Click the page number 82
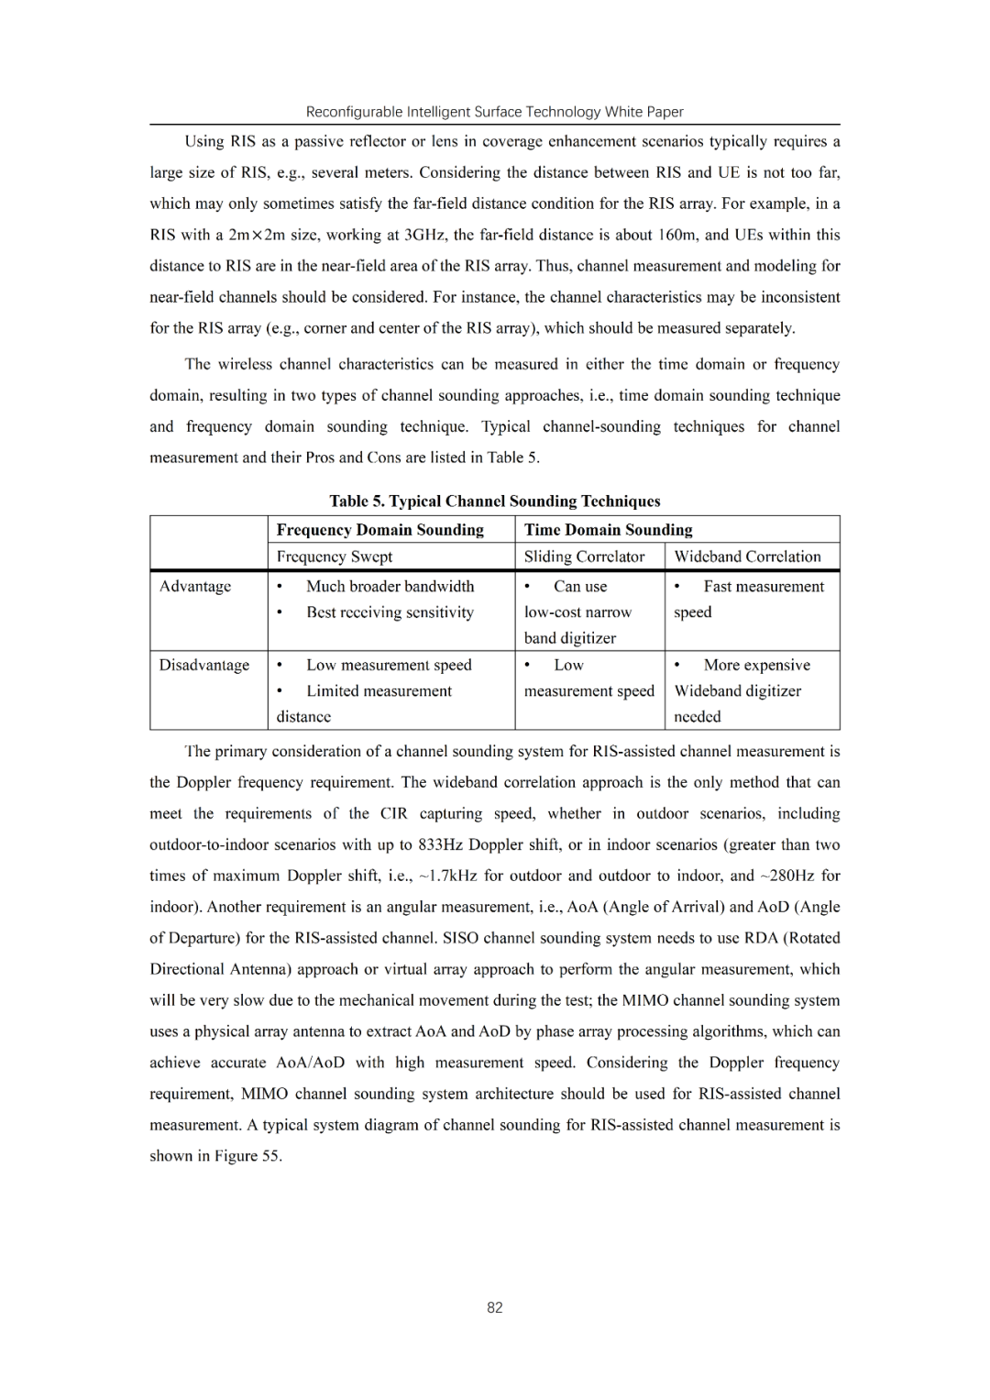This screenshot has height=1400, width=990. pos(495,1307)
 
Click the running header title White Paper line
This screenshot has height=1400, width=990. pos(495,112)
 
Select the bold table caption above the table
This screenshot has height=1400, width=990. pos(495,501)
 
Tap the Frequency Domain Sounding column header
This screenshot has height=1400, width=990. pos(380,530)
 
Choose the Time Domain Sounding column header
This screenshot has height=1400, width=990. pos(608,530)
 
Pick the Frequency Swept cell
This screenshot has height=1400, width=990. pos(335,557)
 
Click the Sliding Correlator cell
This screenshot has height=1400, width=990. pos(585,557)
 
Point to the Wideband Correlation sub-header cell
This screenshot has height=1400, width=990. pos(747,557)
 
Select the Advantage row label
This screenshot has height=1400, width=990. pos(195,586)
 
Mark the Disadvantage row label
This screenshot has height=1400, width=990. pos(204,665)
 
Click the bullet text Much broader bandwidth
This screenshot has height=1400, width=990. pos(390,586)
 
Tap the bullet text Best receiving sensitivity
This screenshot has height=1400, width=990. pos(390,612)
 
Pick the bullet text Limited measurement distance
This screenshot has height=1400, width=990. pos(379,691)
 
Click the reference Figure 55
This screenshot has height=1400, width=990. pos(247,1156)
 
